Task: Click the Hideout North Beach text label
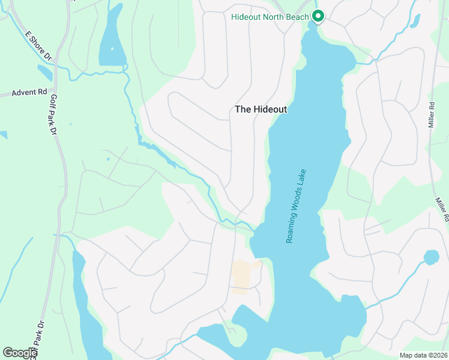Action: pyautogui.click(x=270, y=16)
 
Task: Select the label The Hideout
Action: pyautogui.click(x=261, y=109)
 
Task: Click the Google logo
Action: pyautogui.click(x=20, y=353)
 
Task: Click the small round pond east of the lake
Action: pyautogui.click(x=431, y=258)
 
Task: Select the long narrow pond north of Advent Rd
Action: pyautogui.click(x=112, y=42)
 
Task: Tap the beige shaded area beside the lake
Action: pyautogui.click(x=242, y=276)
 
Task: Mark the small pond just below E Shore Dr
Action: pyautogui.click(x=44, y=73)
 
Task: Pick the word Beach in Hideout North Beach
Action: pyautogui.click(x=297, y=16)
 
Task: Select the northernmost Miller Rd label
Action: pyautogui.click(x=431, y=114)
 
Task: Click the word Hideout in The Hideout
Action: pyautogui.click(x=270, y=109)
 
